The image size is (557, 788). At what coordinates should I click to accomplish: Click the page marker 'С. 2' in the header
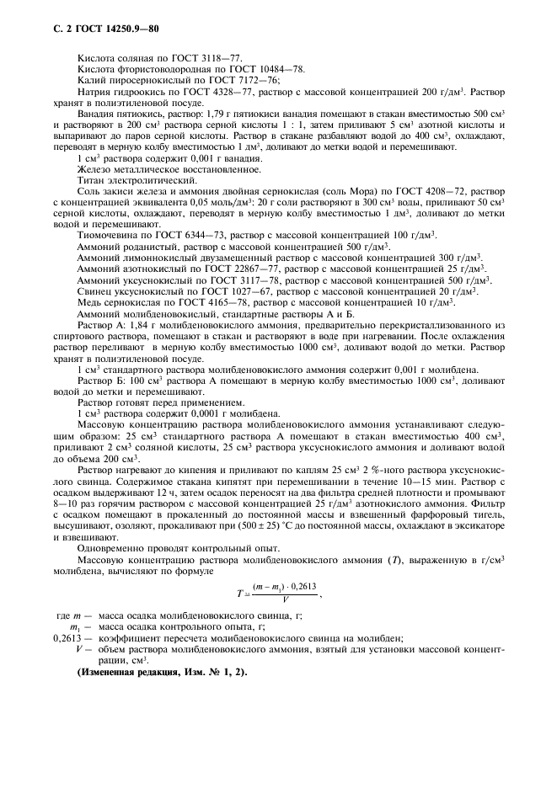49,30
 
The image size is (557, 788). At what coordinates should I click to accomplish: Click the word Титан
91,179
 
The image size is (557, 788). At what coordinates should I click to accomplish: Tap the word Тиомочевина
109,234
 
